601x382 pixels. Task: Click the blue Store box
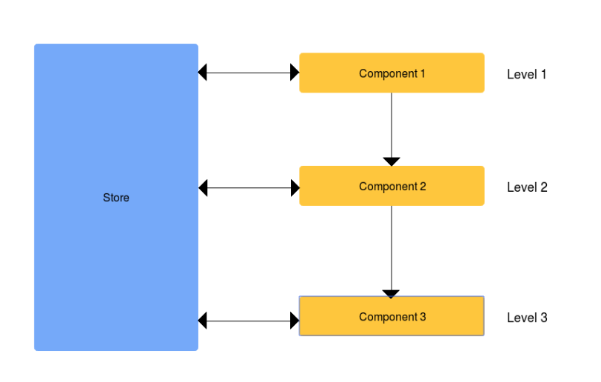tap(116, 197)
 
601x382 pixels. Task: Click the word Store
tap(116, 198)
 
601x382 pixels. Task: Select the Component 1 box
tap(392, 73)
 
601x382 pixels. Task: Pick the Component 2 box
tap(392, 186)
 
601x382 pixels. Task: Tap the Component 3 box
tap(392, 316)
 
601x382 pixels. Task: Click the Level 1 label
tap(527, 75)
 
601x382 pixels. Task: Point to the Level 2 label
tap(527, 187)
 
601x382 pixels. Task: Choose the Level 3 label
tap(527, 318)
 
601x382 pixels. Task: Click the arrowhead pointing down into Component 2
tap(392, 161)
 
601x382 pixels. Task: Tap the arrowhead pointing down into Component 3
tap(391, 294)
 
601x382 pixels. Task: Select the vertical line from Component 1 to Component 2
tap(392, 125)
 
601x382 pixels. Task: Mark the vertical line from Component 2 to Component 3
tap(392, 248)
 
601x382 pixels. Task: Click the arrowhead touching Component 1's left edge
tap(295, 73)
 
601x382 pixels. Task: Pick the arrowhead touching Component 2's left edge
tap(295, 188)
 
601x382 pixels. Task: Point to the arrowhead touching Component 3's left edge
tap(295, 321)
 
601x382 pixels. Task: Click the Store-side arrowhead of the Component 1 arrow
tap(202, 73)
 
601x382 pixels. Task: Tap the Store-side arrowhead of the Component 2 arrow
tap(203, 188)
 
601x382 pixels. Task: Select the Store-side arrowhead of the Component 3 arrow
tap(202, 321)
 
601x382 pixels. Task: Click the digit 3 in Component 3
tap(423, 317)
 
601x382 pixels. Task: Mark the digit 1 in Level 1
tap(543, 75)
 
